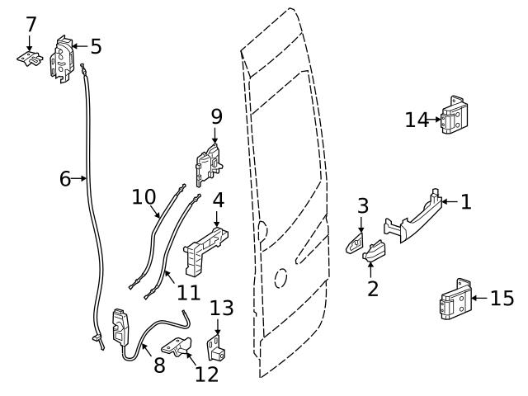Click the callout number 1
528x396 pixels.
(x=466, y=201)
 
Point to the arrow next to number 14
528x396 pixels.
(x=436, y=120)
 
